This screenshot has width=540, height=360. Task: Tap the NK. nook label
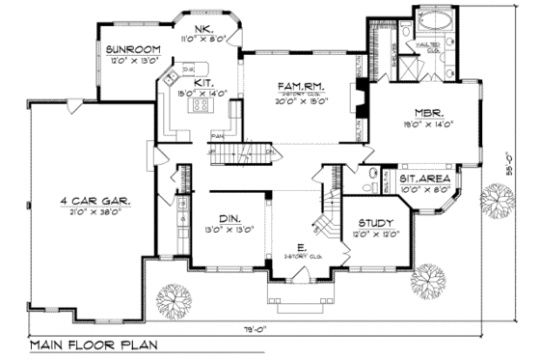203,30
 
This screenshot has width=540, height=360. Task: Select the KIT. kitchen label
202,83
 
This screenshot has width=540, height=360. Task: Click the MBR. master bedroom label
429,112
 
